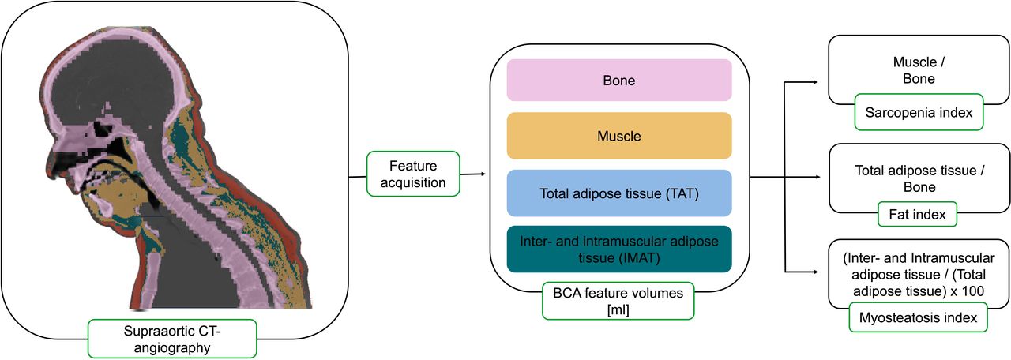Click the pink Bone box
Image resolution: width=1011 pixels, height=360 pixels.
point(618,80)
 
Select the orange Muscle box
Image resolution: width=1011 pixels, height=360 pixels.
point(618,136)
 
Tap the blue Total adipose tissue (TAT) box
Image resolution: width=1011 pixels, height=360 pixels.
point(618,193)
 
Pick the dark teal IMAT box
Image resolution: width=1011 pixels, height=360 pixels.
point(618,249)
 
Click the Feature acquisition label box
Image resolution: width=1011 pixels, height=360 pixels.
point(413,174)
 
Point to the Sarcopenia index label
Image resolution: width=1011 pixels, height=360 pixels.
point(919,112)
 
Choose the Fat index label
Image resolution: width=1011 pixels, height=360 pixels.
point(917,214)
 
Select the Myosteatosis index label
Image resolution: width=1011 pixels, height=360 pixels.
point(918,317)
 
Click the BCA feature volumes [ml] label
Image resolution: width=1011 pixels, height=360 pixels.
point(618,301)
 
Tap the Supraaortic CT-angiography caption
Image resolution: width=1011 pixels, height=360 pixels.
point(172,339)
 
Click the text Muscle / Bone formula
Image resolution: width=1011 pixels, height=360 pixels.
point(919,70)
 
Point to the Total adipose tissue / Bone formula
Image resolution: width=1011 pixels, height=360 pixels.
point(919,178)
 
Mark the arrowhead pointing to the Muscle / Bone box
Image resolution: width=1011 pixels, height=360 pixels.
point(816,82)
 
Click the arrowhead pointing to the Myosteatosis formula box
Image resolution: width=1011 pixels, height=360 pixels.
point(816,272)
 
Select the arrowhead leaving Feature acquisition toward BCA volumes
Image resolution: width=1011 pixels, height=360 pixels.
point(483,174)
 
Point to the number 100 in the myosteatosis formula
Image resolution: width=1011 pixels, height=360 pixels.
point(972,291)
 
